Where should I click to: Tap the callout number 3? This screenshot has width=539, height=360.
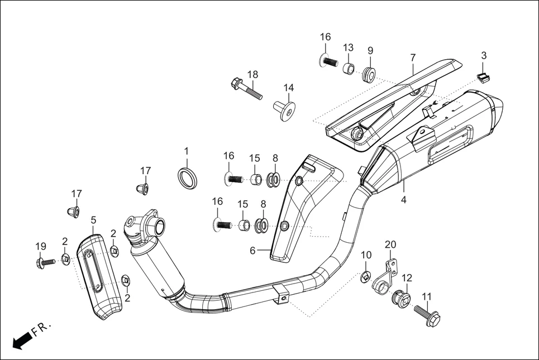[484, 56]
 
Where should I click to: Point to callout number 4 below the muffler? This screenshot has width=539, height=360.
[403, 199]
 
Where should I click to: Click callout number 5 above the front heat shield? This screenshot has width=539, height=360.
[93, 220]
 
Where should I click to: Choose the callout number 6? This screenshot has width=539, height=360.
[252, 251]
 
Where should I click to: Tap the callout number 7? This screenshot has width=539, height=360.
[413, 57]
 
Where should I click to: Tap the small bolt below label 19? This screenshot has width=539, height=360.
[45, 261]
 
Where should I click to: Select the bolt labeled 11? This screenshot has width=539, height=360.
[427, 315]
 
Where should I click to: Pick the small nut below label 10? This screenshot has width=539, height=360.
[366, 274]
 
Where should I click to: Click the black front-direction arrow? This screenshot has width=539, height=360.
[21, 339]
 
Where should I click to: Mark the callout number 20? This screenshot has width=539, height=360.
[390, 244]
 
